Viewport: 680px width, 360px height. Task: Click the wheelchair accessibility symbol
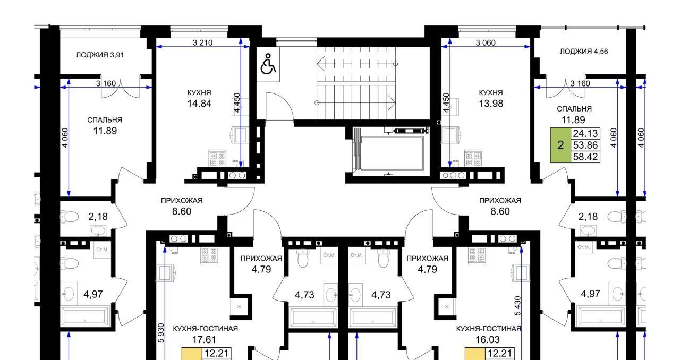[268, 64]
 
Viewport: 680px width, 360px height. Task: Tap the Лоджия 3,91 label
[100, 55]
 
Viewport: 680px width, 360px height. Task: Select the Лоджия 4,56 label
[584, 52]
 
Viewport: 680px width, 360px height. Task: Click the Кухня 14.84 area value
[199, 104]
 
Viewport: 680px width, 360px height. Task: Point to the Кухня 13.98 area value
[491, 104]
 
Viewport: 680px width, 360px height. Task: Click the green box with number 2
[560, 145]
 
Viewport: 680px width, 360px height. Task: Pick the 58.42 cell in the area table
[585, 157]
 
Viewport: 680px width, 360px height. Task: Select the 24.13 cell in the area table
[585, 134]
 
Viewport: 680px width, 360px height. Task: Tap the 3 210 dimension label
[202, 43]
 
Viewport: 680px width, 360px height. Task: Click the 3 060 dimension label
[486, 43]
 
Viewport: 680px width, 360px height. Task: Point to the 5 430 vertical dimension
[517, 306]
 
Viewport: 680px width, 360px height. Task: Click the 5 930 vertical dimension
[161, 333]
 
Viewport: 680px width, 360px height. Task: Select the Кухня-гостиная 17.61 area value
[204, 339]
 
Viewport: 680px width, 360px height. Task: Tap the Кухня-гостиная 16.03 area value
[487, 339]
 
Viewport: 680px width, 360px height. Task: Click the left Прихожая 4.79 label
[261, 264]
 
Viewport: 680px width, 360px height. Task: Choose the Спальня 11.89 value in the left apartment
[105, 131]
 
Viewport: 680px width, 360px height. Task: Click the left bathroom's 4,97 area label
[93, 294]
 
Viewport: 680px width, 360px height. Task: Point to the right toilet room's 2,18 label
[588, 217]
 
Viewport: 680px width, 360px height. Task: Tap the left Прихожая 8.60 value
[182, 211]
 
